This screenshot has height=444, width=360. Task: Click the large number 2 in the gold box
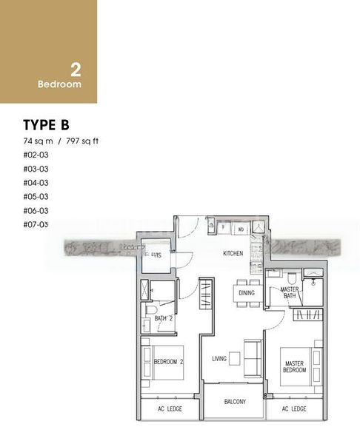click(x=76, y=70)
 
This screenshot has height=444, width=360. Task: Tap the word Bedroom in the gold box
click(x=59, y=84)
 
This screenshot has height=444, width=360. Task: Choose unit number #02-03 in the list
click(x=35, y=155)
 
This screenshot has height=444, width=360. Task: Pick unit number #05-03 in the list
click(x=35, y=197)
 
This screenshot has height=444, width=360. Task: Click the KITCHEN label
click(x=233, y=254)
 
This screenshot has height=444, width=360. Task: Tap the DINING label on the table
click(x=246, y=293)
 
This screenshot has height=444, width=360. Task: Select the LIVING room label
click(x=219, y=359)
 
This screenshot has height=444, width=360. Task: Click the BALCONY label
click(x=236, y=402)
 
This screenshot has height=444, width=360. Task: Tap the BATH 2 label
click(x=164, y=318)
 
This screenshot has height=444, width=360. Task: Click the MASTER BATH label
click(x=289, y=294)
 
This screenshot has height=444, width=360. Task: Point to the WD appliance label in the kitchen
click(x=241, y=230)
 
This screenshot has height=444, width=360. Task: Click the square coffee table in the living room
click(x=235, y=359)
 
